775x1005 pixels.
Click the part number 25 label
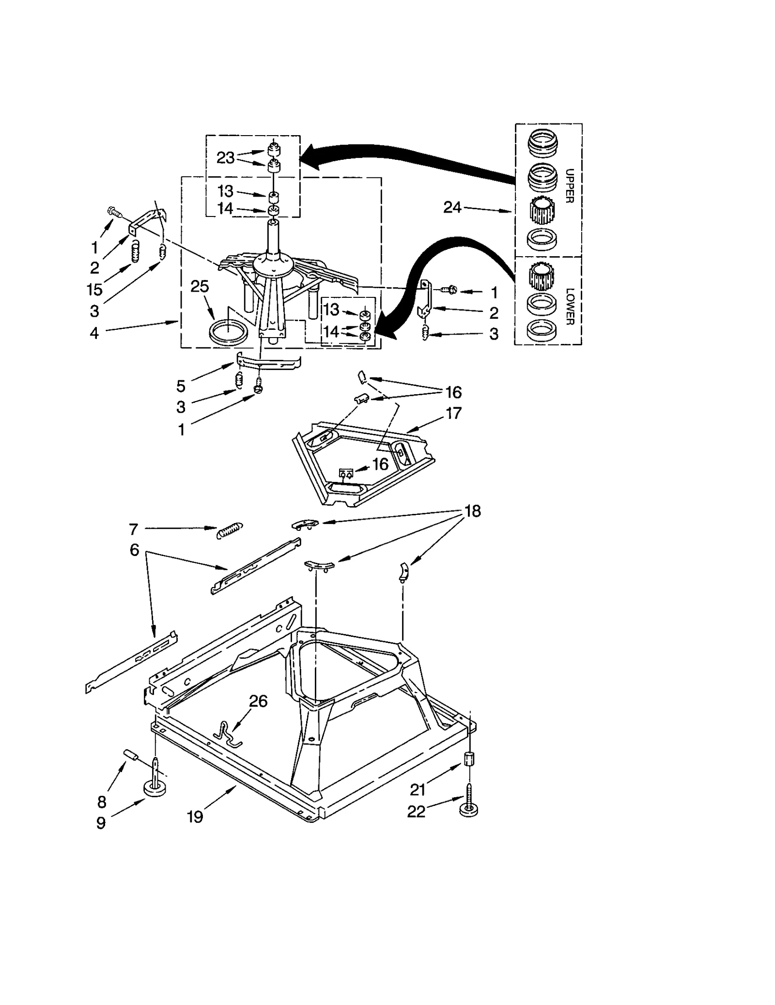point(200,286)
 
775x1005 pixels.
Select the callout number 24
point(452,207)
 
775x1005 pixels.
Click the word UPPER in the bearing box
point(570,186)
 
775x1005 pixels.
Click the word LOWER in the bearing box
point(570,307)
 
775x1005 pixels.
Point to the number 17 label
point(453,413)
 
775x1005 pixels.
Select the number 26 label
point(258,701)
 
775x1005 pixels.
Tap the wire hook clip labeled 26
point(228,734)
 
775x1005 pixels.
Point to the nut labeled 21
point(468,758)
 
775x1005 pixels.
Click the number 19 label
point(195,817)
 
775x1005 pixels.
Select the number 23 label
point(225,158)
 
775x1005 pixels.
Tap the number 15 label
point(94,290)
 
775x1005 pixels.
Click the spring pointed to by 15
point(136,250)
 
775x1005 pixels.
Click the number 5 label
point(181,386)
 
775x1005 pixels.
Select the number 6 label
point(134,550)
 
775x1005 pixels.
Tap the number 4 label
point(94,333)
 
